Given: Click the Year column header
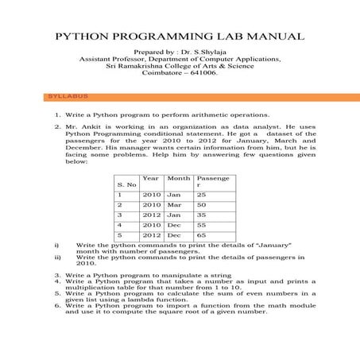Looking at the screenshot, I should pyautogui.click(x=150, y=178).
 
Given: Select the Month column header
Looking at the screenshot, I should pyautogui.click(x=179, y=178).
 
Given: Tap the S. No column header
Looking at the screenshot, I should pyautogui.click(x=126, y=184).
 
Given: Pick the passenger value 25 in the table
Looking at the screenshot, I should pyautogui.click(x=201, y=194).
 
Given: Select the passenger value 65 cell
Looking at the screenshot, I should pyautogui.click(x=201, y=235).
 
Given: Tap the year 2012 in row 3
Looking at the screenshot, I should pyautogui.click(x=151, y=215).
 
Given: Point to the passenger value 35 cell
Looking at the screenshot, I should pyautogui.click(x=201, y=215).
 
